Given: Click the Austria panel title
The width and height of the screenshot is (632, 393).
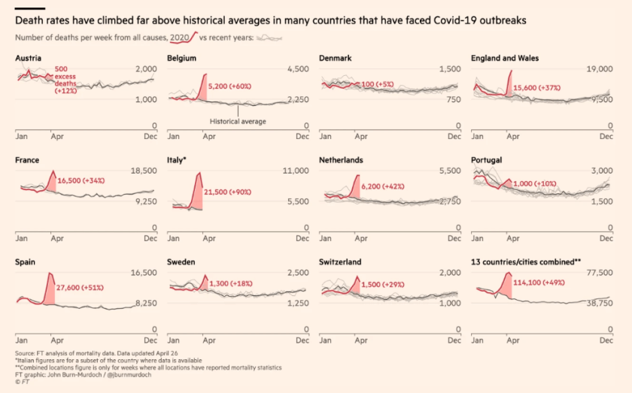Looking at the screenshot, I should point(28,58).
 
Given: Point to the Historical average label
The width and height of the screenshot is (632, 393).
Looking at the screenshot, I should point(238,120).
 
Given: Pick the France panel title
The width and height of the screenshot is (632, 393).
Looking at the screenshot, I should point(27,160).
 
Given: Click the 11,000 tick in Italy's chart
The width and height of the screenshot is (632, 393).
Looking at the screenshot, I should point(294,171).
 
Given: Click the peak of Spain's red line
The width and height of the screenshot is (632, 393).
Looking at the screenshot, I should point(49,273).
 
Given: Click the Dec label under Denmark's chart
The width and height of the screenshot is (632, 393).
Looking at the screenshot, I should point(454,137).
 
